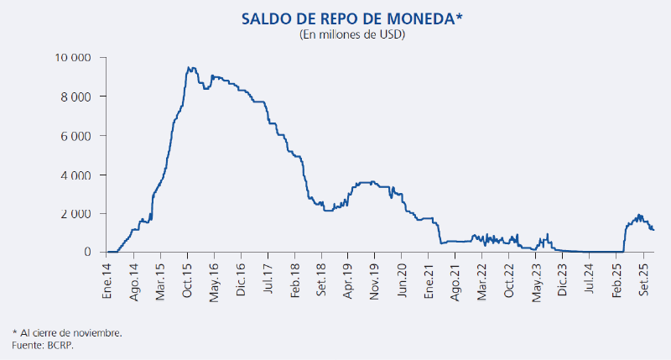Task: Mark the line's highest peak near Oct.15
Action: [191, 68]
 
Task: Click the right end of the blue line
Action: [653, 230]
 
